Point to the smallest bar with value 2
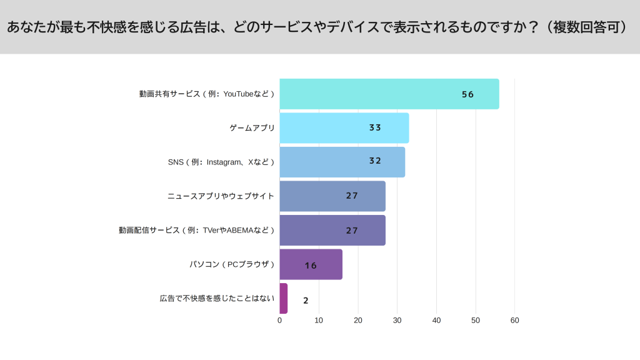(x=283, y=298)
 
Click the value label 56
(x=467, y=94)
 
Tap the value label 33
(x=375, y=127)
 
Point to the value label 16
(x=311, y=266)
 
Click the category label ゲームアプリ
(x=252, y=128)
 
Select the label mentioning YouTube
(x=207, y=94)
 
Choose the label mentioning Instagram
(x=221, y=162)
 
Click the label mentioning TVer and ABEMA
(x=197, y=230)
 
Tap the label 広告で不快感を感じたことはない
(x=217, y=298)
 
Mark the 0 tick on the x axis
(x=279, y=321)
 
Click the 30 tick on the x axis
(x=397, y=321)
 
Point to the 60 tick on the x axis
(x=514, y=321)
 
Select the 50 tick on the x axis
(x=476, y=321)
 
